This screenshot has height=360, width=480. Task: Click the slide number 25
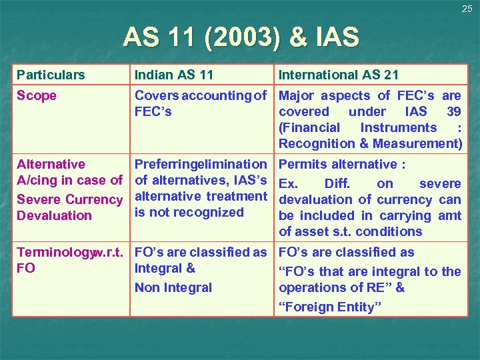(x=467, y=9)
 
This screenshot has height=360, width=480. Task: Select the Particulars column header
(x=51, y=75)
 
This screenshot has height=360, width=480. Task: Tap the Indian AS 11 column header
(x=173, y=75)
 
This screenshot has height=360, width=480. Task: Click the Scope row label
(x=37, y=95)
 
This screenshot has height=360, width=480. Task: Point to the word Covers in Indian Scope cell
(x=155, y=95)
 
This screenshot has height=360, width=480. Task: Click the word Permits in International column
(x=303, y=164)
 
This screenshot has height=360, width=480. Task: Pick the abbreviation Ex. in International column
(x=287, y=183)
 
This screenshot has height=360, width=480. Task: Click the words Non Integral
(x=173, y=287)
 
